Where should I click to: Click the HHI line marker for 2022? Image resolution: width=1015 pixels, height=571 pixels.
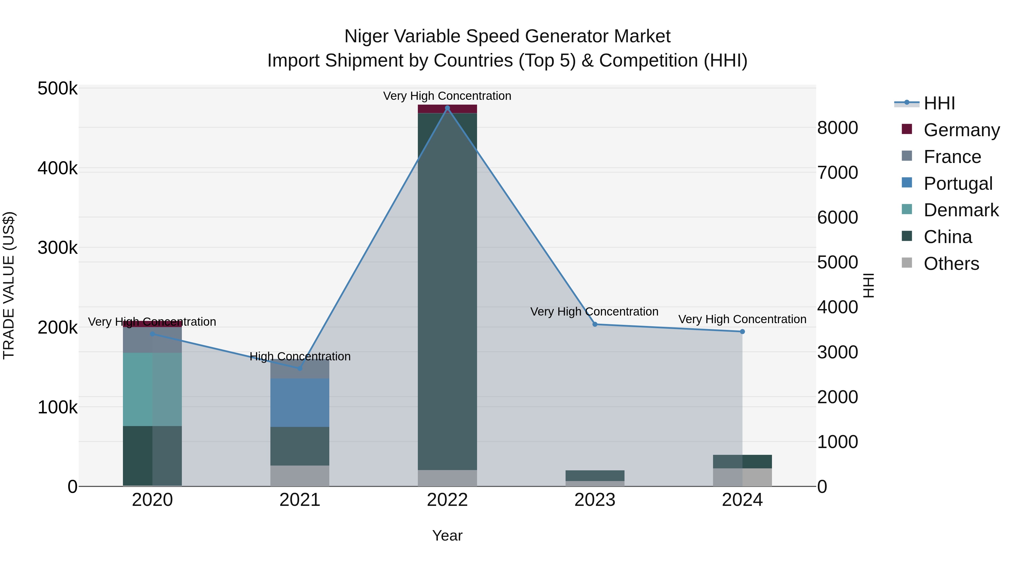click(447, 108)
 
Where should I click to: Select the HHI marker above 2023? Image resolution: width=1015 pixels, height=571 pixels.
click(595, 324)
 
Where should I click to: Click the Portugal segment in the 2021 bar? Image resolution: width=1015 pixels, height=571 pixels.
click(300, 402)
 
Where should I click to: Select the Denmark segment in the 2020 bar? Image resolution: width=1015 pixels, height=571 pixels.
click(153, 389)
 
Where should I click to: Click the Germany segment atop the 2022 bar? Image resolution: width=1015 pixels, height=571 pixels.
click(447, 109)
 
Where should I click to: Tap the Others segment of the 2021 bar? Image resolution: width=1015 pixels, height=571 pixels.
click(300, 476)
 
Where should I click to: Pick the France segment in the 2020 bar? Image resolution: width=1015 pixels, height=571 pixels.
click(153, 340)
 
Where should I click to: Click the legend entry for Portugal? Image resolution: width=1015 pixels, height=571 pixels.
click(957, 184)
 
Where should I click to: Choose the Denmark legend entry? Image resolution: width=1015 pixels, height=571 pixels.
click(961, 210)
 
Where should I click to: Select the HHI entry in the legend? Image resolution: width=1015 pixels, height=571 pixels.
click(939, 103)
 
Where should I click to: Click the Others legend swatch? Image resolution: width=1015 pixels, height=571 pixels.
click(907, 263)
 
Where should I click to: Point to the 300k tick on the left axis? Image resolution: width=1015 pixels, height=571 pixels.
click(58, 248)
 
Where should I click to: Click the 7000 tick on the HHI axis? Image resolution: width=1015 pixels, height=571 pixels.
click(837, 173)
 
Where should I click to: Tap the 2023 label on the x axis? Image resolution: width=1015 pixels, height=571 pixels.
click(595, 500)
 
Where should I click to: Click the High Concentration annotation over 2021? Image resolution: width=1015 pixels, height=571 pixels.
click(300, 356)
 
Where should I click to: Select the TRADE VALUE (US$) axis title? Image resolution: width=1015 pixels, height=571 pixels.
click(9, 285)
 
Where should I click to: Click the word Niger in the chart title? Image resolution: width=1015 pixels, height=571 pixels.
click(363, 36)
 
